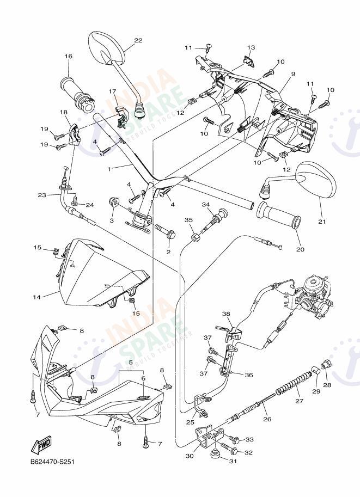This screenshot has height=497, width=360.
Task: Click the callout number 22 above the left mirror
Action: click(138, 40)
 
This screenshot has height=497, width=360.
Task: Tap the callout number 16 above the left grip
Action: click(69, 57)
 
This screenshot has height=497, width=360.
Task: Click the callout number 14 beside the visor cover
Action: click(36, 297)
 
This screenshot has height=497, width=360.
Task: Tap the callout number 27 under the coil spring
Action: click(298, 401)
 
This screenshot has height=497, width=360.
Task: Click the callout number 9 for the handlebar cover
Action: click(292, 74)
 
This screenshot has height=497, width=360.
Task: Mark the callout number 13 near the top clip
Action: click(251, 47)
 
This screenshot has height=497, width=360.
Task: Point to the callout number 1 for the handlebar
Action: click(109, 169)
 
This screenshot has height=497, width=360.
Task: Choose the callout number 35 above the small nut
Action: click(189, 220)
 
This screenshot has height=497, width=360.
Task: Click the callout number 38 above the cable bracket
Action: click(226, 314)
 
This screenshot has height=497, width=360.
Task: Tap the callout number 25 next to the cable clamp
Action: click(190, 422)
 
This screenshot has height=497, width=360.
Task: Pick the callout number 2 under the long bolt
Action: click(168, 252)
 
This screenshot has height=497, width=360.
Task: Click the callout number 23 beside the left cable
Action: click(42, 195)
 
